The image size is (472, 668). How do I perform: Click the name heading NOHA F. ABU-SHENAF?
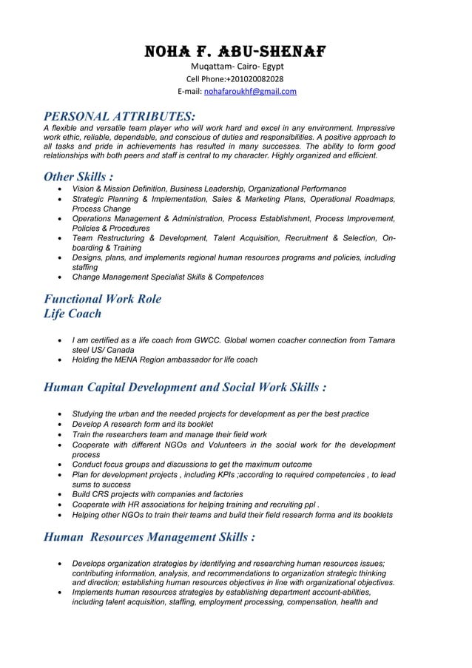pyautogui.click(x=235, y=52)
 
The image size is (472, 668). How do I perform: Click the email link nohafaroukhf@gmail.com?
pyautogui.click(x=250, y=92)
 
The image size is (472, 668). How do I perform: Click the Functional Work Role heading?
pyautogui.click(x=103, y=299)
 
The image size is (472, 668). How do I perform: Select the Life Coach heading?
pyautogui.click(x=73, y=314)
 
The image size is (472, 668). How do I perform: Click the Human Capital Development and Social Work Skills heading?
pyautogui.click(x=185, y=387)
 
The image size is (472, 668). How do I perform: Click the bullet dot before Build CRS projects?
pyautogui.click(x=59, y=495)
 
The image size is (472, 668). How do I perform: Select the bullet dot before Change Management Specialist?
pyautogui.click(x=59, y=277)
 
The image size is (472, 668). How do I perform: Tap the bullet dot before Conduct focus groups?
pyautogui.click(x=59, y=465)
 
